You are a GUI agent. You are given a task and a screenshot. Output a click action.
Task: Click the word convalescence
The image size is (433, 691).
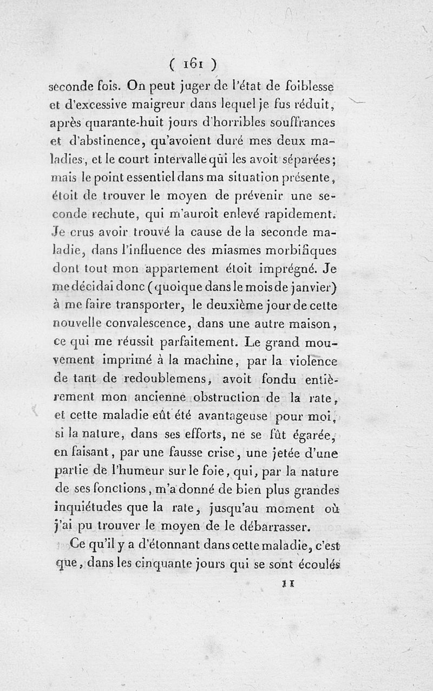[x=142, y=324]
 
